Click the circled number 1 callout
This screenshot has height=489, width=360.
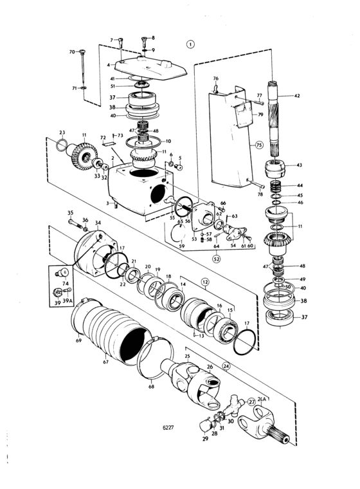[190, 44]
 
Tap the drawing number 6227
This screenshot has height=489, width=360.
[168, 427]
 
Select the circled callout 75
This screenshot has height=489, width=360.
[259, 145]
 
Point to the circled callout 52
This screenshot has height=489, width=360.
[216, 258]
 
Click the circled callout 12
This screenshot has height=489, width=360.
[205, 282]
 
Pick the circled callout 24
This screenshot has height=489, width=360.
[226, 367]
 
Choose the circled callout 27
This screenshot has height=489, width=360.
[251, 401]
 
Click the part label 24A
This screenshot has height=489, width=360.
[262, 400]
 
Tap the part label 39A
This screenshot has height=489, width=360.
[67, 300]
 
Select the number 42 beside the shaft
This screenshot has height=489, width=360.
[297, 96]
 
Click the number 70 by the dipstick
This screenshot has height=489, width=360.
[72, 51]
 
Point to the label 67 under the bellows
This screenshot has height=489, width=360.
[105, 362]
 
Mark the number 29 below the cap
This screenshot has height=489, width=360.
[205, 439]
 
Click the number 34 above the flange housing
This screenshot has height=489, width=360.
[98, 223]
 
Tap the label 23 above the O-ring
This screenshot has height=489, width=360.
[62, 133]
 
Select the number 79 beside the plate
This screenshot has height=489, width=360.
[260, 115]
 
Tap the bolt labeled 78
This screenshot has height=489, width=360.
[255, 183]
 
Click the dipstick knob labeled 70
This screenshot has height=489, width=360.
[82, 51]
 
